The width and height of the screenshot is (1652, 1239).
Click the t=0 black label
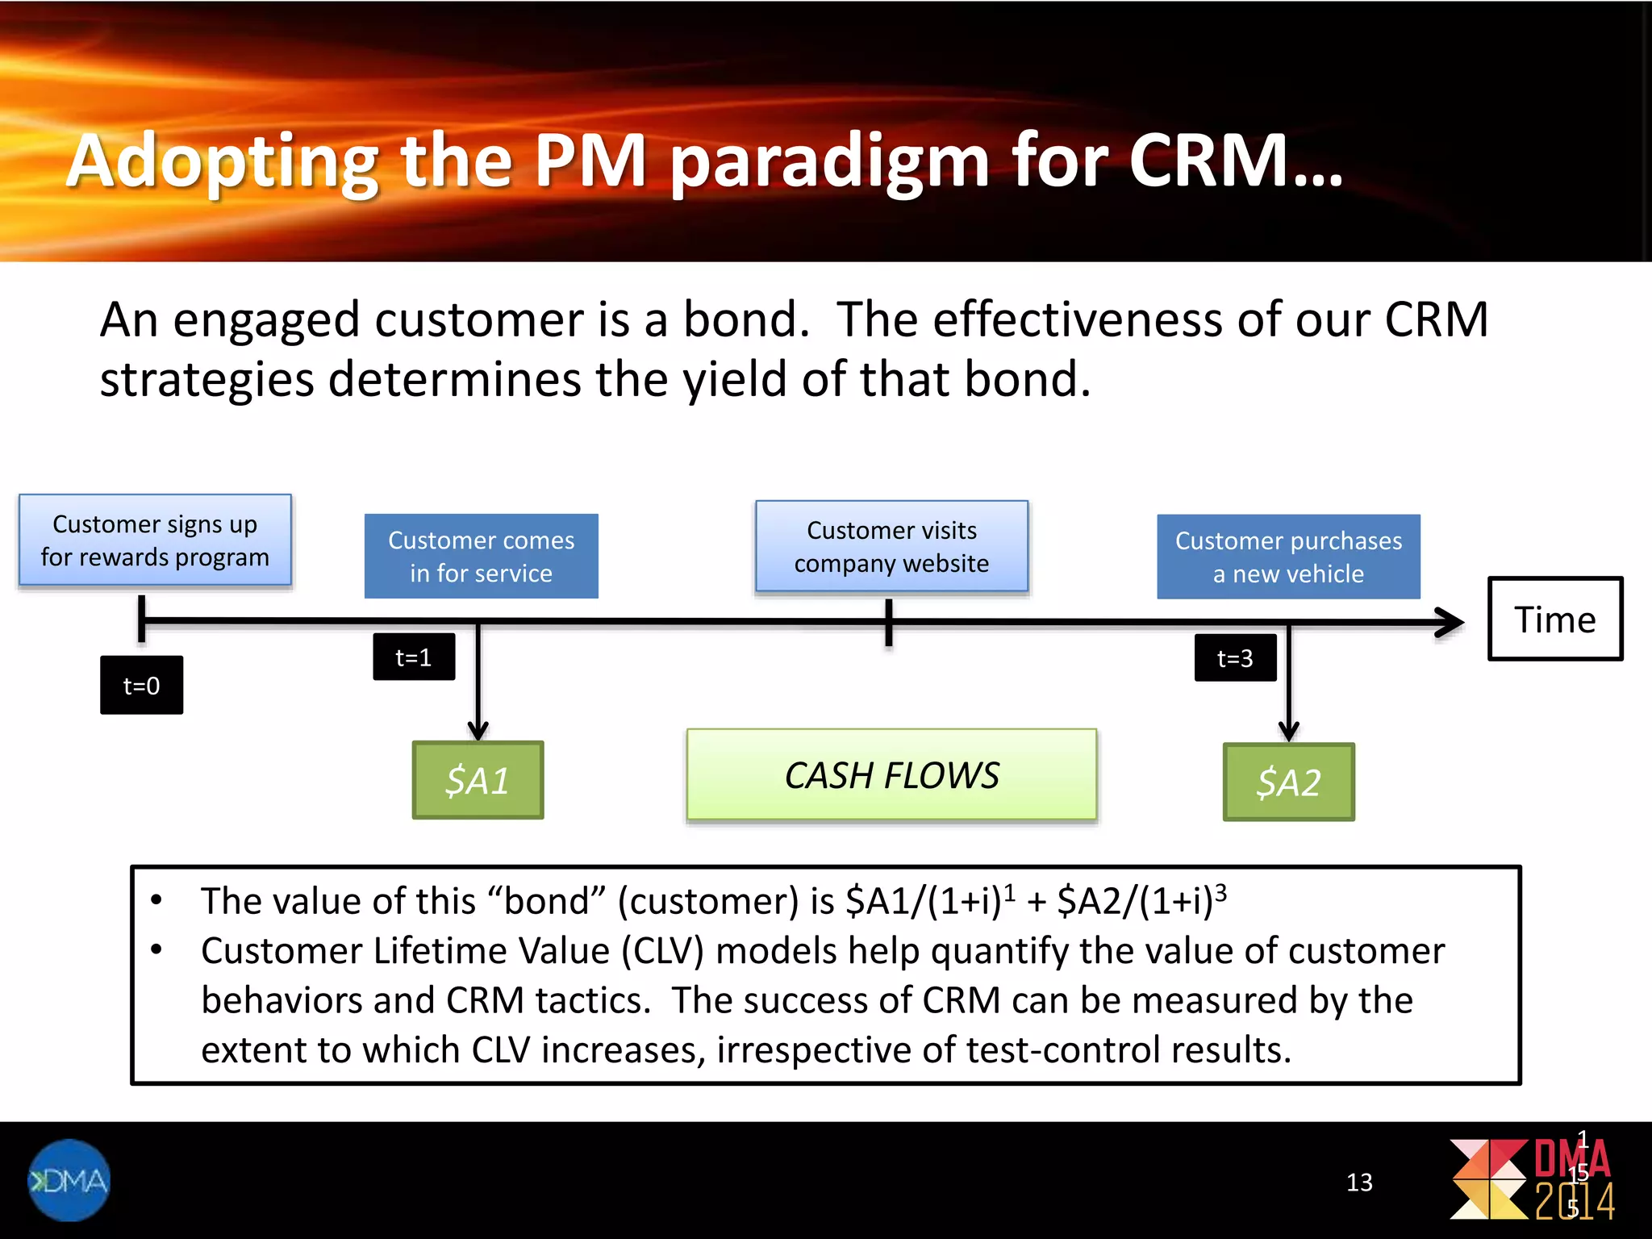(141, 685)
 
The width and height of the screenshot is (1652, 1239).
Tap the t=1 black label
(414, 657)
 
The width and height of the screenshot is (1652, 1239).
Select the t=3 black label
(1235, 657)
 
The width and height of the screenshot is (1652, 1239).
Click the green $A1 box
(478, 780)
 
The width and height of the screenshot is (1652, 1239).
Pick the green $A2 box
(1288, 782)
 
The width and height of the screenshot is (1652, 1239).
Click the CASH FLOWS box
(891, 775)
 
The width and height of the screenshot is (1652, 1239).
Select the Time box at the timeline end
(1554, 619)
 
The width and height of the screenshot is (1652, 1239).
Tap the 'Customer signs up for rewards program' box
(155, 540)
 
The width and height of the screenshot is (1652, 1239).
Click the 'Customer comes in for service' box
(481, 556)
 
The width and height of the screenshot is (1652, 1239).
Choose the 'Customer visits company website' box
(891, 546)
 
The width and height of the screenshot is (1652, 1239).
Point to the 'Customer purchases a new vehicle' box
(1288, 557)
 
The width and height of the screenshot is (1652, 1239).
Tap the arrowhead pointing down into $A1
(478, 730)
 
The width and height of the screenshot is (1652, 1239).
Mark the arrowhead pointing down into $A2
(1289, 731)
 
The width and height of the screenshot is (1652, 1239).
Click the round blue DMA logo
(69, 1180)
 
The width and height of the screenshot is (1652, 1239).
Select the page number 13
(1359, 1183)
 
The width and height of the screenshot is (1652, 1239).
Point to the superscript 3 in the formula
(1220, 891)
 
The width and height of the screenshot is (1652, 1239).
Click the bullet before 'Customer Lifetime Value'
(156, 949)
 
